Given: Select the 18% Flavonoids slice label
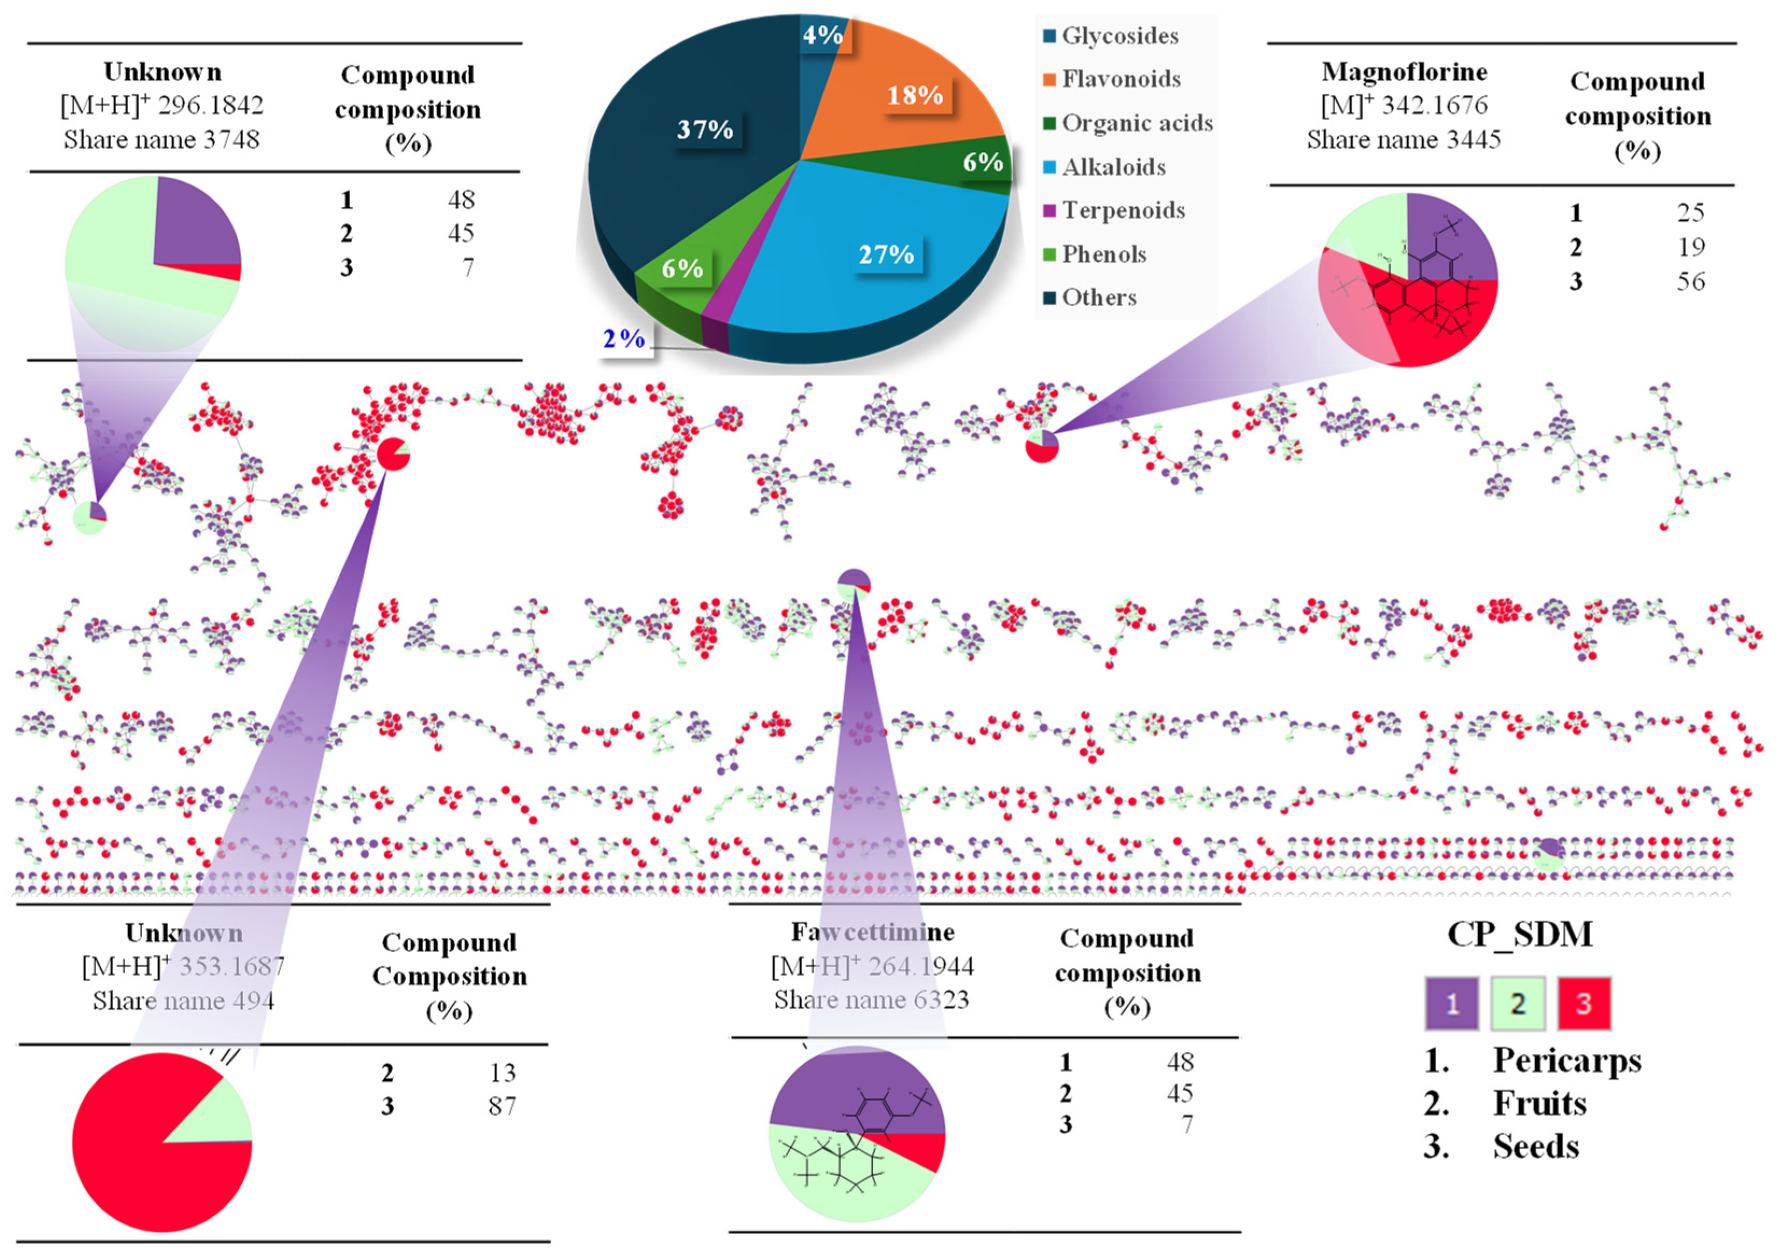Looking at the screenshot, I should (915, 95).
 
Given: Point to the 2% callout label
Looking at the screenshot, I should (624, 339).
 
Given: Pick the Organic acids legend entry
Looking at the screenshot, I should (1136, 123).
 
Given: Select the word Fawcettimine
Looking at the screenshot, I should (873, 932).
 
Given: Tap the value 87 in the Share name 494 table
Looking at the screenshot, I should (502, 1106).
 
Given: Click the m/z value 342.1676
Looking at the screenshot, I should (1435, 105).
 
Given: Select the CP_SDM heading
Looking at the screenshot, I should (1520, 934).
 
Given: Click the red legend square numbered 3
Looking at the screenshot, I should (1583, 1003).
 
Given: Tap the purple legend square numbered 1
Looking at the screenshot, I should (1452, 1003).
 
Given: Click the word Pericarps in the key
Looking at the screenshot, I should (1567, 1060).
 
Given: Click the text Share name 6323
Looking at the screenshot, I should (871, 1000).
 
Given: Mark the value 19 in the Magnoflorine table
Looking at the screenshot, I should (1690, 247).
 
